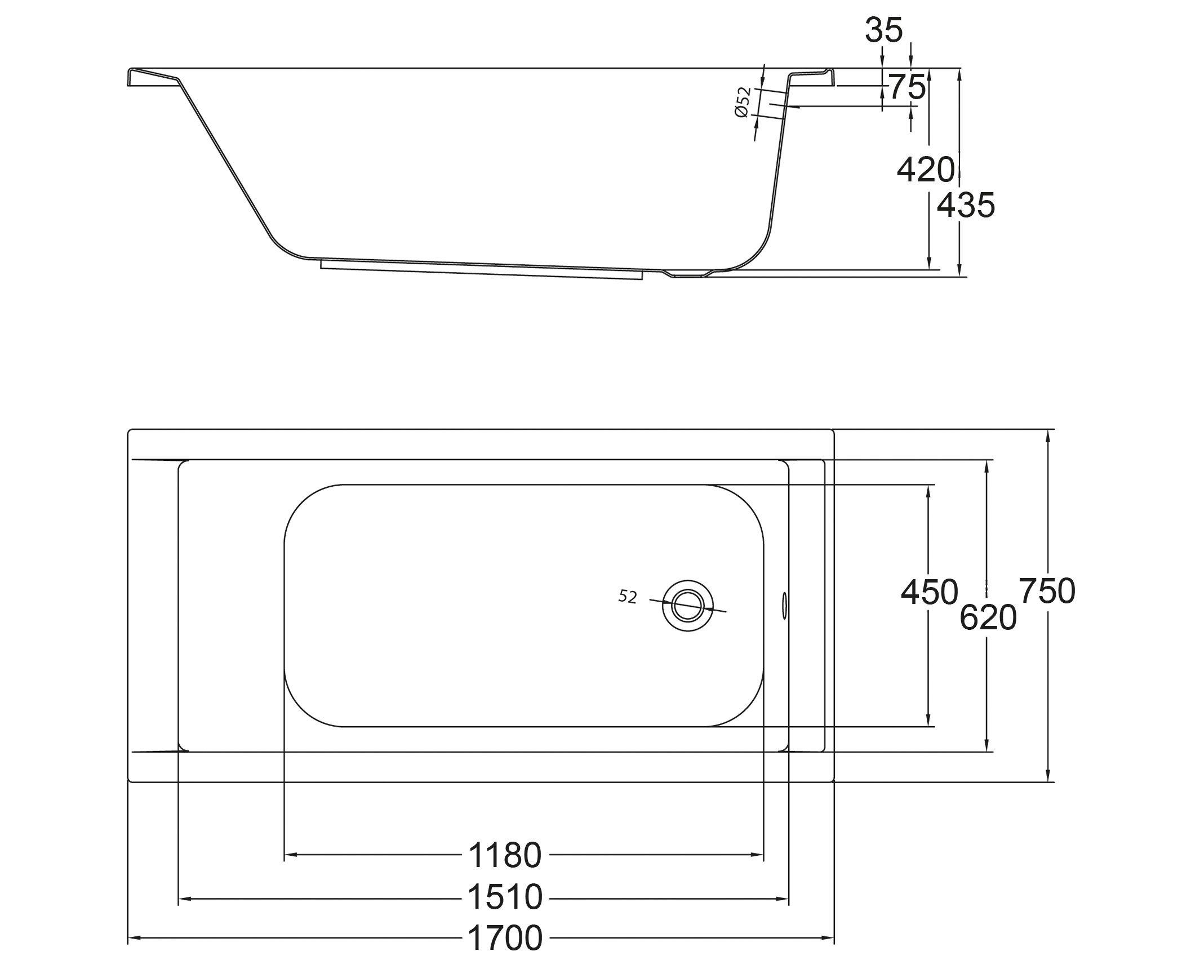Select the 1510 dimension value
pos(505,897)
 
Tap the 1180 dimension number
pos(505,855)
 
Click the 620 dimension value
pos(988,617)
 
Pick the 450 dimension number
pos(929,592)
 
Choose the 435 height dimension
pos(966,205)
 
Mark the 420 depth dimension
pos(926,170)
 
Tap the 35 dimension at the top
pos(884,30)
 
